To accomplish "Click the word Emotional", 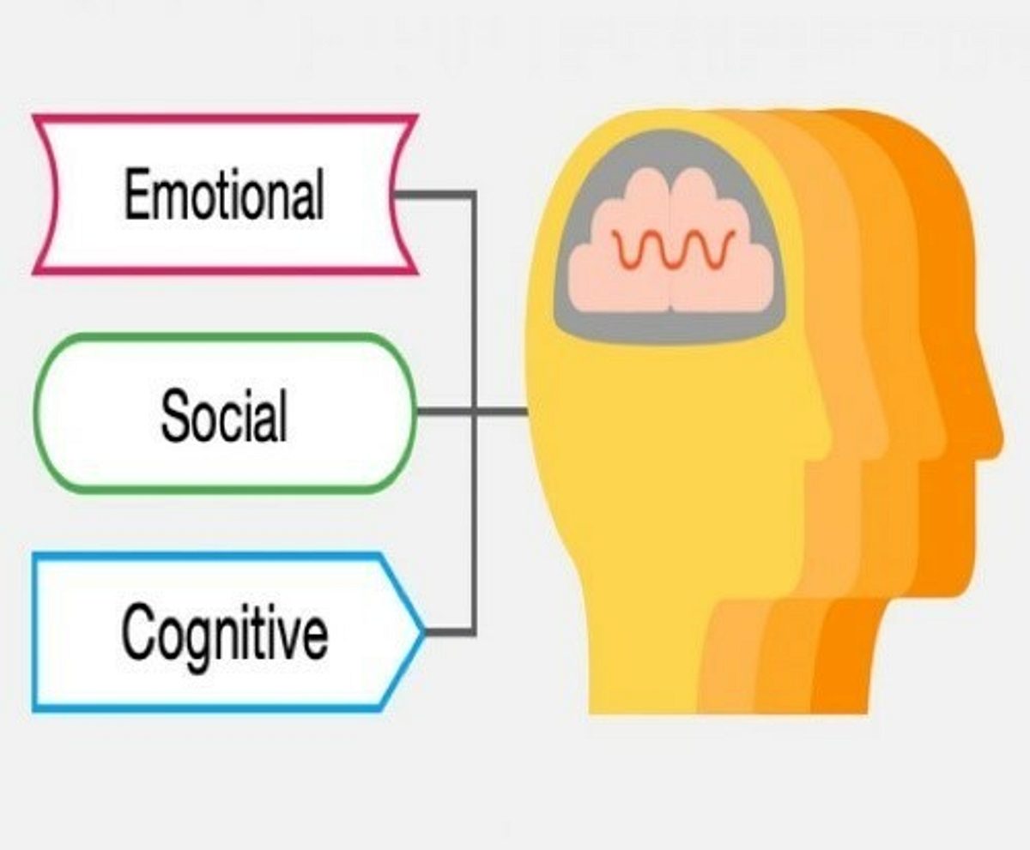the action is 224,194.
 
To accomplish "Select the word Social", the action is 224,414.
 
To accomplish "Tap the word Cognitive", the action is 224,636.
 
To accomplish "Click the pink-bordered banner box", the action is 226,118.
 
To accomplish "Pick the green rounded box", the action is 226,337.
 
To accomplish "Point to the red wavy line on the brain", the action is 674,250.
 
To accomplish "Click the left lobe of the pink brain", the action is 619,242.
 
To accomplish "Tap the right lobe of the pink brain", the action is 721,242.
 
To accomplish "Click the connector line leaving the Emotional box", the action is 436,195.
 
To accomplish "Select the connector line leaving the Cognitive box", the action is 451,631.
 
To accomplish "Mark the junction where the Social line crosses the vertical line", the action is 474,411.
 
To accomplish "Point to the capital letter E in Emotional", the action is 136,194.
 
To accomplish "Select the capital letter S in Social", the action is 176,414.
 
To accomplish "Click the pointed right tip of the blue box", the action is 424,631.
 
